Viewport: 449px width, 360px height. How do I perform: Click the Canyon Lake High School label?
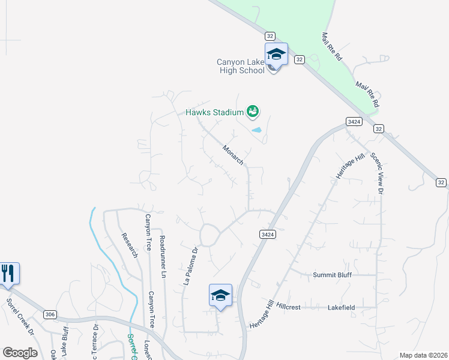[x=241, y=66]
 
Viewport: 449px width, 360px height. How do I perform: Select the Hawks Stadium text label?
[x=214, y=112]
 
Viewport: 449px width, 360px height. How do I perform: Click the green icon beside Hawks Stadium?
[x=253, y=111]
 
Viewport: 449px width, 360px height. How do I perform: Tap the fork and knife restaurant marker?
[x=9, y=274]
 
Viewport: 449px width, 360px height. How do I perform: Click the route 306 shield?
[x=50, y=314]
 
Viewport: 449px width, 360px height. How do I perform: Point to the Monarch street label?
[x=233, y=154]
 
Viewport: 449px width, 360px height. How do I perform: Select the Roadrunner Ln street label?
[x=163, y=256]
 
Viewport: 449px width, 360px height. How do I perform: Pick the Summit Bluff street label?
[x=332, y=275]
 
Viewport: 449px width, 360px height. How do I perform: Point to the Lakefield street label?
[x=341, y=307]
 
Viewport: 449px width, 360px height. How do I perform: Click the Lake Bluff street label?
[x=64, y=340]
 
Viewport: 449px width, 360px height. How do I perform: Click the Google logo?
[x=20, y=352]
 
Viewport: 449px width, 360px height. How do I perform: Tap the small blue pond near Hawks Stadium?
[x=256, y=130]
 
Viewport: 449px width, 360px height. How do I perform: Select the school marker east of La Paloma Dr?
[x=220, y=296]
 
